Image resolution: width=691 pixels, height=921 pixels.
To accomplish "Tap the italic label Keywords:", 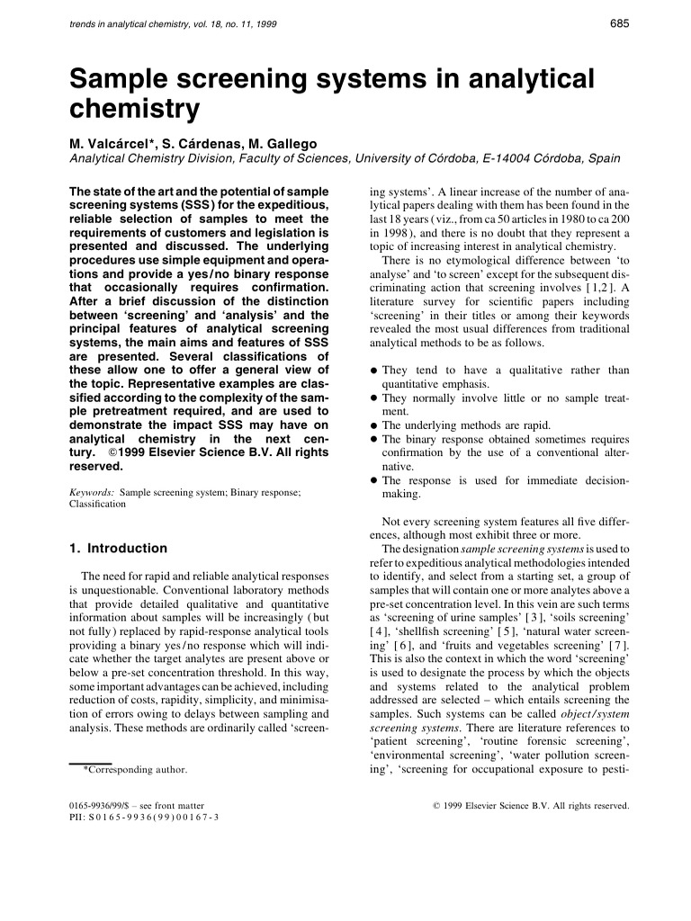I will coord(92,493).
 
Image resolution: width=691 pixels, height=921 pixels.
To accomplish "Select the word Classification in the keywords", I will coord(97,505).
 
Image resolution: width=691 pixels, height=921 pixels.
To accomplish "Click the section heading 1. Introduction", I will coord(118,549).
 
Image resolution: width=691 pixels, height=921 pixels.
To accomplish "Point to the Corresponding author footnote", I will coord(135,770).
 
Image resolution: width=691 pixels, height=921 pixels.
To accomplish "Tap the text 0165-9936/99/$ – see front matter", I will coord(136,805).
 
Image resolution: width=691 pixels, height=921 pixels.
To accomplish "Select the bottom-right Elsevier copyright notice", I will coord(532,805).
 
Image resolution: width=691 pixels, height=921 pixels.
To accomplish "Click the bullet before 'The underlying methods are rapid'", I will coord(373,425).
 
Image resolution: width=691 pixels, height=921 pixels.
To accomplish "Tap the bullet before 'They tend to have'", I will coord(373,371).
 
